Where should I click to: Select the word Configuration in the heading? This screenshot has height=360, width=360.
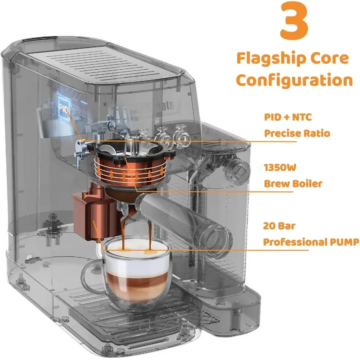[294, 80]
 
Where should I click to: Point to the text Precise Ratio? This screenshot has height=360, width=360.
[297, 133]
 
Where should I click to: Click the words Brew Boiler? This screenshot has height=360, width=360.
[293, 184]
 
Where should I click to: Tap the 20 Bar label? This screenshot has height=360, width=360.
[279, 226]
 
